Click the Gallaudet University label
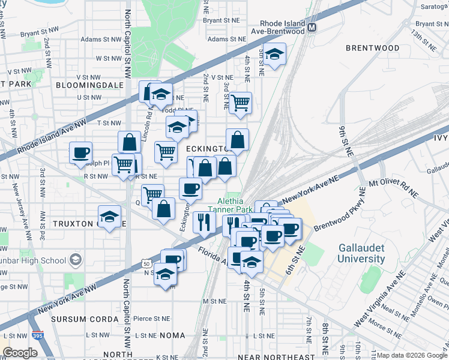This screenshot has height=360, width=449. [x=361, y=253]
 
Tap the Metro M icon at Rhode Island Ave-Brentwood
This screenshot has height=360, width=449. [x=312, y=27]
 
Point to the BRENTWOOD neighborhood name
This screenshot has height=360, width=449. [x=372, y=47]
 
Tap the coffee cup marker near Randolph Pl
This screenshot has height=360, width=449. [x=80, y=154]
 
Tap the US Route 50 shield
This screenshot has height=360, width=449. [x=146, y=263]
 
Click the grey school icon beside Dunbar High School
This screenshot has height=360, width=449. [x=76, y=260]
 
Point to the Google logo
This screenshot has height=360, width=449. [x=20, y=353]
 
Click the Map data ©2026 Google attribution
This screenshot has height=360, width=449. [x=411, y=355]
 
